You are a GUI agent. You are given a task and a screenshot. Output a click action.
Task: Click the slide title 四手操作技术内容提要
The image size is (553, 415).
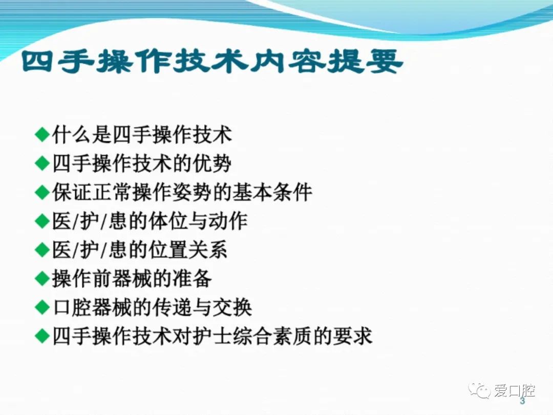[x=212, y=61]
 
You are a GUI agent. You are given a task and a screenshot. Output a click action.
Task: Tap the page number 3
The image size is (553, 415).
[x=522, y=401]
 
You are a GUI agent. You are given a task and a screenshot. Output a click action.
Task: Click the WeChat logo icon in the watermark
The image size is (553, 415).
[x=479, y=390]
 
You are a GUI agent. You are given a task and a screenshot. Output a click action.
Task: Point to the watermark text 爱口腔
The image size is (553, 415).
[x=514, y=390]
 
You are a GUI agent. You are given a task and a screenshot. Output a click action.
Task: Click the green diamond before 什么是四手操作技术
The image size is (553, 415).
[x=42, y=135]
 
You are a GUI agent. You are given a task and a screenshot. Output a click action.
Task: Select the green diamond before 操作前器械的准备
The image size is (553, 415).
[x=42, y=278]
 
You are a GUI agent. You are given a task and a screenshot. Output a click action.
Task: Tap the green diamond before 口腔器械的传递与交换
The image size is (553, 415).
[x=42, y=307]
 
